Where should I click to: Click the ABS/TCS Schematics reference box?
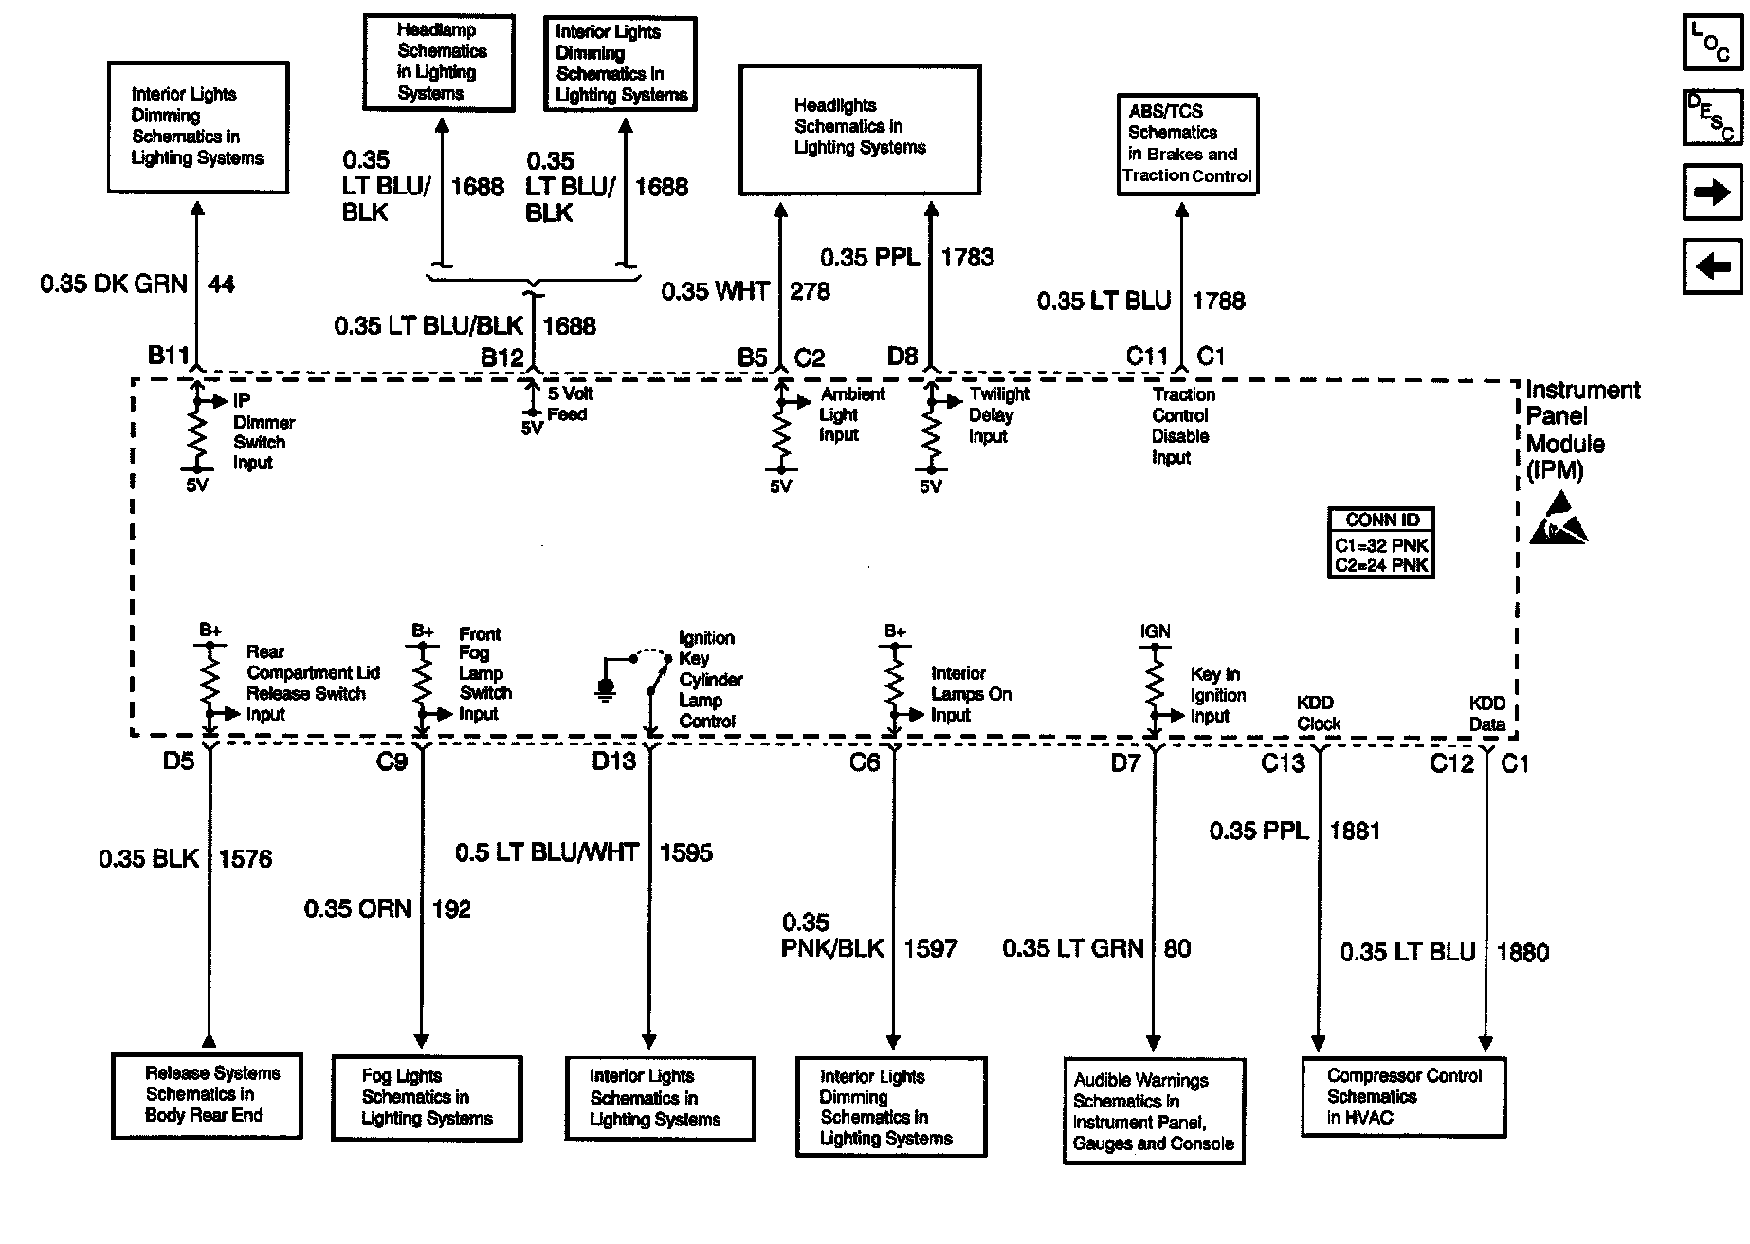click(x=1187, y=144)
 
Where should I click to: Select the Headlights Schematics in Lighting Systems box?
click(x=859, y=130)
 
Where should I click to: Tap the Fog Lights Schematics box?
click(x=427, y=1098)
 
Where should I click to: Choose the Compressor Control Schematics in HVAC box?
click(x=1403, y=1097)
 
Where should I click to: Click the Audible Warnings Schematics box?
click(x=1154, y=1111)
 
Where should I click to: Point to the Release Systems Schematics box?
click(x=207, y=1095)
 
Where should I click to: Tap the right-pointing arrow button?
click(x=1711, y=193)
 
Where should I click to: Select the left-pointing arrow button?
click(x=1711, y=267)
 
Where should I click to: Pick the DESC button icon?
click(x=1711, y=118)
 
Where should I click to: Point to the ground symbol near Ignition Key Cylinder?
click(x=606, y=687)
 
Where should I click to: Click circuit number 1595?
click(x=685, y=852)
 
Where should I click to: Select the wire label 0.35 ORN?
click(x=357, y=908)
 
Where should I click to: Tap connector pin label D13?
click(x=613, y=760)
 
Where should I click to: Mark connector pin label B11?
click(x=169, y=356)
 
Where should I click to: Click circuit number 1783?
click(x=967, y=257)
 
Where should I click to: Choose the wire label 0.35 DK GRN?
click(x=114, y=284)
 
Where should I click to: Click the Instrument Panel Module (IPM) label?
click(x=1581, y=430)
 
